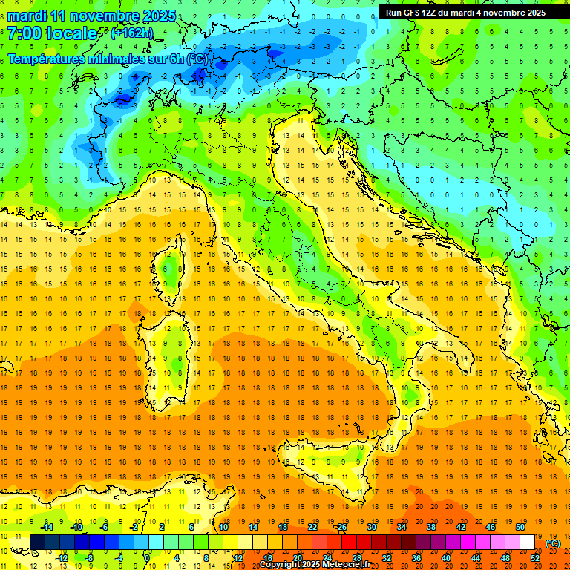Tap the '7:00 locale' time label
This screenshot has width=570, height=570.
(x=52, y=33)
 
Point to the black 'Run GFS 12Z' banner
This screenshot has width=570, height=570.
(x=465, y=13)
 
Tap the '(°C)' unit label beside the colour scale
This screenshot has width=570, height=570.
(x=553, y=543)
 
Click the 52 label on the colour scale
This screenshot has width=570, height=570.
(x=535, y=558)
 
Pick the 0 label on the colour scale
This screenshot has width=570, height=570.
(x=147, y=558)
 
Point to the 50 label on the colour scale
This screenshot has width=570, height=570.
(x=520, y=527)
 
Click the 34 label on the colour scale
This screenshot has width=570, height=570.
(x=401, y=527)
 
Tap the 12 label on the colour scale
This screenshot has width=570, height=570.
(x=237, y=558)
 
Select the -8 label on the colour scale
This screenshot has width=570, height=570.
(x=89, y=558)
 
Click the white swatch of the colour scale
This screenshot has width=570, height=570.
(x=527, y=543)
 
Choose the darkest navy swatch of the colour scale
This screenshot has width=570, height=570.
(x=37, y=543)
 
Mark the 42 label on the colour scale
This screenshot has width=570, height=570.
(x=460, y=527)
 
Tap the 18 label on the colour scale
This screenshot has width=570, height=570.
(x=282, y=527)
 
